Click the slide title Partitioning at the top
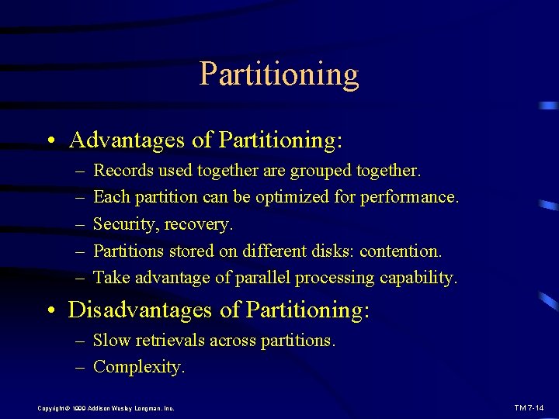(279, 74)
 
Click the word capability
(418, 278)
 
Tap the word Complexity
(139, 367)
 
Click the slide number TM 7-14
(529, 407)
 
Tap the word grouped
(323, 170)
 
